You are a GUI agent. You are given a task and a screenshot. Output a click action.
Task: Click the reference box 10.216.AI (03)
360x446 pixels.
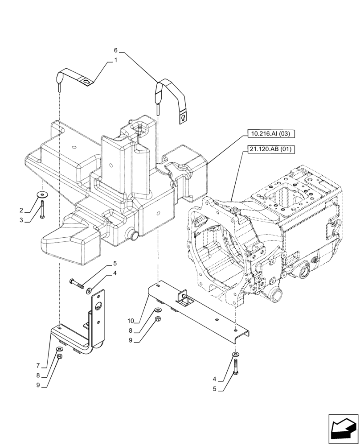[270, 134]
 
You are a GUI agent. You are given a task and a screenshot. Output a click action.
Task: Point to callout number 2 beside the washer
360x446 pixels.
[21, 210]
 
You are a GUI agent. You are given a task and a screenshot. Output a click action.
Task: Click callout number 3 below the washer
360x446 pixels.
[21, 220]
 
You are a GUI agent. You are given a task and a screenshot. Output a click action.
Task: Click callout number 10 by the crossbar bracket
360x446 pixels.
[131, 321]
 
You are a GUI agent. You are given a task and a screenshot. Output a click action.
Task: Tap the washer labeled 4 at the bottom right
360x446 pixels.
[235, 355]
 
